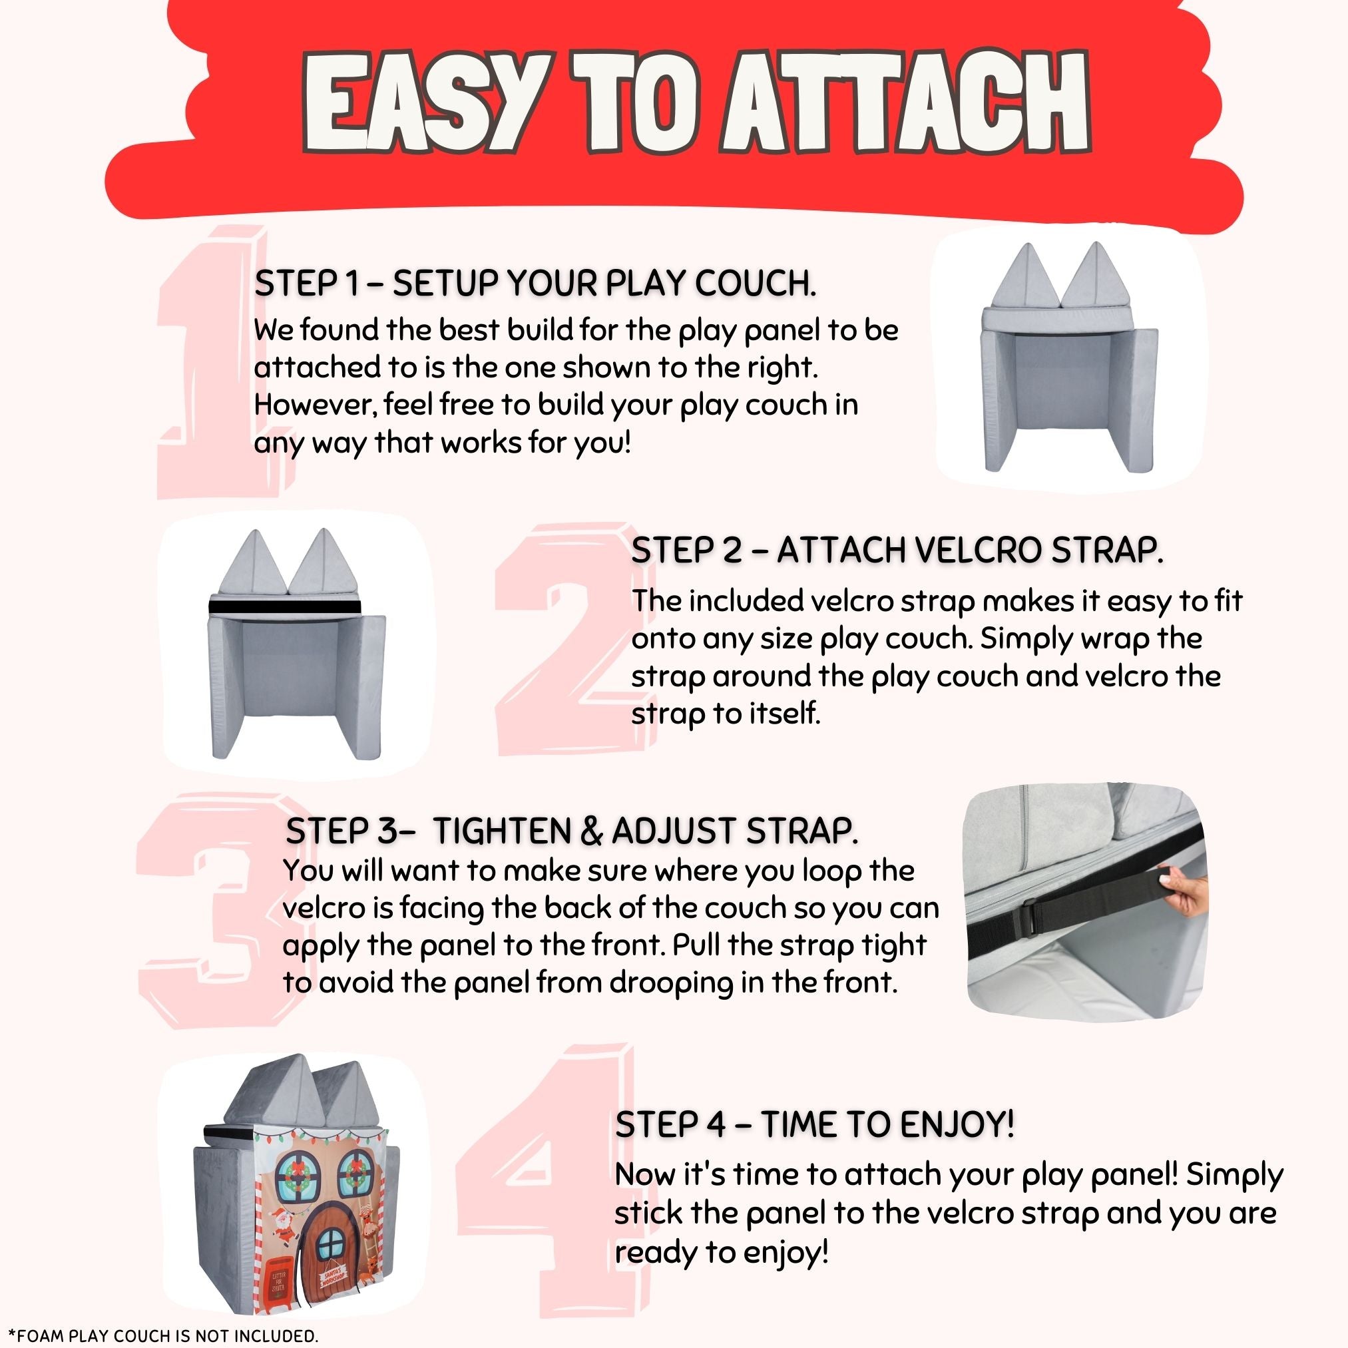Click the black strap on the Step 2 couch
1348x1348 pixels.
pyautogui.click(x=286, y=606)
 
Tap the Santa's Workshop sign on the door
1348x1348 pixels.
pyautogui.click(x=333, y=1279)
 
